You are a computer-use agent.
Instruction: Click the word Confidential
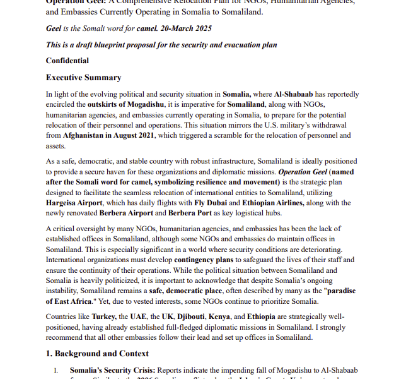pyautogui.click(x=67, y=61)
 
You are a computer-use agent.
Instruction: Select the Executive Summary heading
pyautogui.click(x=83, y=78)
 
